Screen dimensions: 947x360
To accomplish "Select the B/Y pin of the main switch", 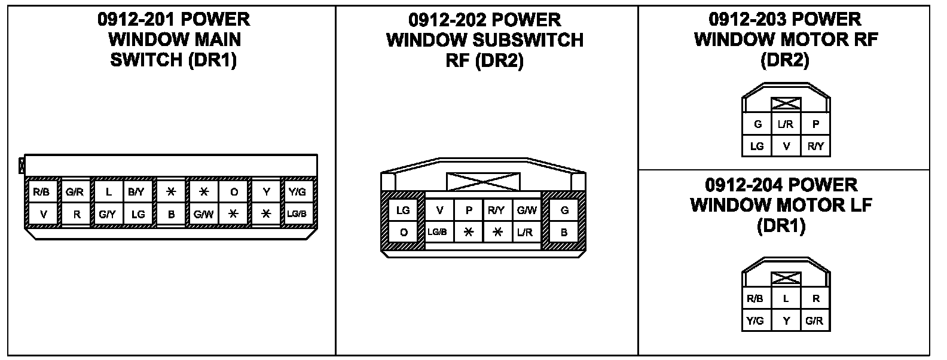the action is click(x=137, y=192).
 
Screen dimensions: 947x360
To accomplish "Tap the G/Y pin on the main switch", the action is click(x=108, y=214).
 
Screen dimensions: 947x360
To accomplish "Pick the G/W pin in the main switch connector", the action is click(x=203, y=214).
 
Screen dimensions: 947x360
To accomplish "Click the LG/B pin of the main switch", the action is click(x=297, y=214).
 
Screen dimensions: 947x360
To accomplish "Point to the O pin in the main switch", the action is click(x=234, y=192).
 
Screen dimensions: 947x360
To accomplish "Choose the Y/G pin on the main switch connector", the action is click(x=297, y=192).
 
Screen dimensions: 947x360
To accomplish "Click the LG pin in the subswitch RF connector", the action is click(x=404, y=210).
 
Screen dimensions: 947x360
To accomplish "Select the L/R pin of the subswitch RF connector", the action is click(x=526, y=232).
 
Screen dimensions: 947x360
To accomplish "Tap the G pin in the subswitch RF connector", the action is click(x=564, y=210).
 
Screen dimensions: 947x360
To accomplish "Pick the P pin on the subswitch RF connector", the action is click(x=469, y=210).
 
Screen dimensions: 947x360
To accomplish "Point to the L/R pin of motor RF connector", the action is click(x=786, y=124).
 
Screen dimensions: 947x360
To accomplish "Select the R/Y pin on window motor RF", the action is click(x=815, y=146).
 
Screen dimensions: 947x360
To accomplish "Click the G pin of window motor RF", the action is click(x=757, y=124).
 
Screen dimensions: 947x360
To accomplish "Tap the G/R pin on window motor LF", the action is click(x=814, y=321).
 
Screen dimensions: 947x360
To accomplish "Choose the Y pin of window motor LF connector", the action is click(x=786, y=321).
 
